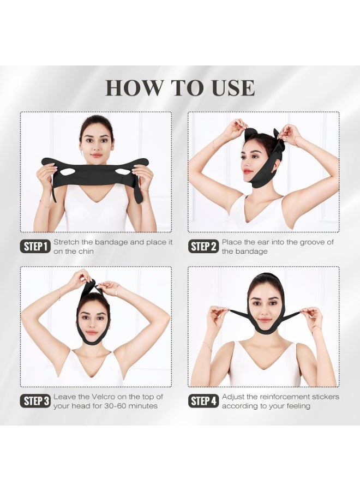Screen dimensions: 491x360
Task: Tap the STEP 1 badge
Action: pos(36,247)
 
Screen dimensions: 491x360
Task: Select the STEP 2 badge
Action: pos(203,247)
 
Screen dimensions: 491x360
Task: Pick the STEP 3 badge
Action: pos(36,402)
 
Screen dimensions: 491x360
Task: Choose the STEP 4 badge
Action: pos(203,402)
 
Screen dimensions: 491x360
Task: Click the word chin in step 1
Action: pos(85,252)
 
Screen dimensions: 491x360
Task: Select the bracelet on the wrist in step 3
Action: pos(59,297)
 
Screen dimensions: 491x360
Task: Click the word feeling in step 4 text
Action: pos(295,406)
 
